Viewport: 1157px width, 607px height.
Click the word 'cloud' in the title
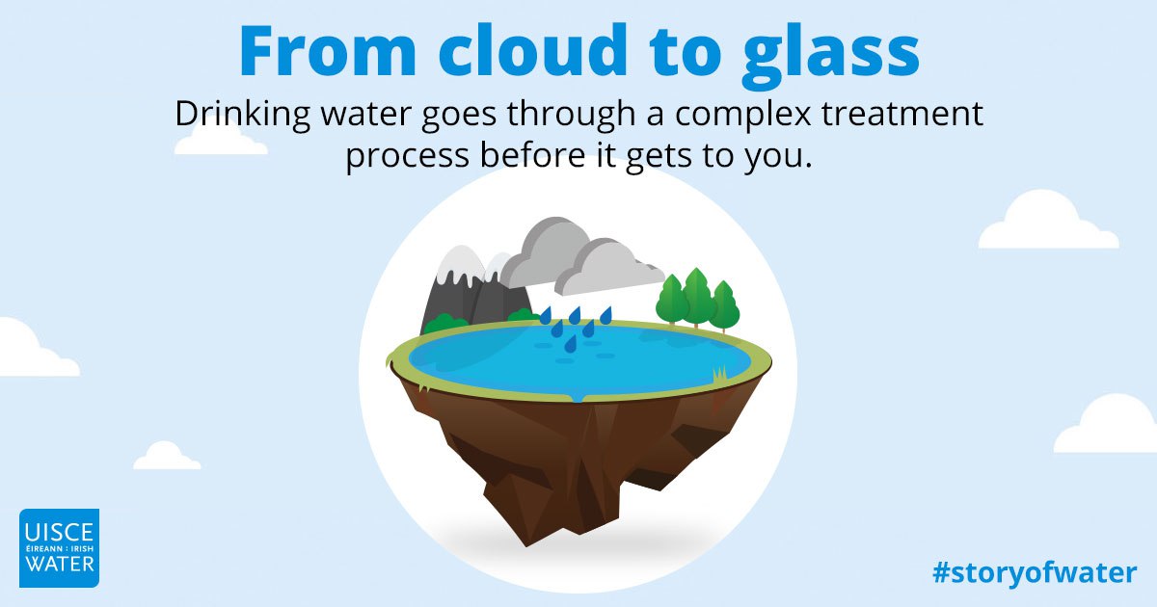533,49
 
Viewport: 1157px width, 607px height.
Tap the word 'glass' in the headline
830,56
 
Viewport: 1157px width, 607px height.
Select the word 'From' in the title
328,50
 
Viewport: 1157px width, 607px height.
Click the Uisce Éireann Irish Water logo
60,548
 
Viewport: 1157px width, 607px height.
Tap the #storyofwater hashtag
1035,573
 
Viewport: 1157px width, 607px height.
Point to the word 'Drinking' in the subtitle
242,116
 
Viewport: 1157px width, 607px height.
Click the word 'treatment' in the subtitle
902,115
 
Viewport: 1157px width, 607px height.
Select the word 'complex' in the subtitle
742,116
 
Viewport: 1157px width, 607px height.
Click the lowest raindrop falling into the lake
570,344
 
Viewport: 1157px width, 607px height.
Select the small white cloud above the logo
167,457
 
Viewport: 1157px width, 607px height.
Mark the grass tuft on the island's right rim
719,373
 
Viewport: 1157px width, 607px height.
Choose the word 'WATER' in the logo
60,564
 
